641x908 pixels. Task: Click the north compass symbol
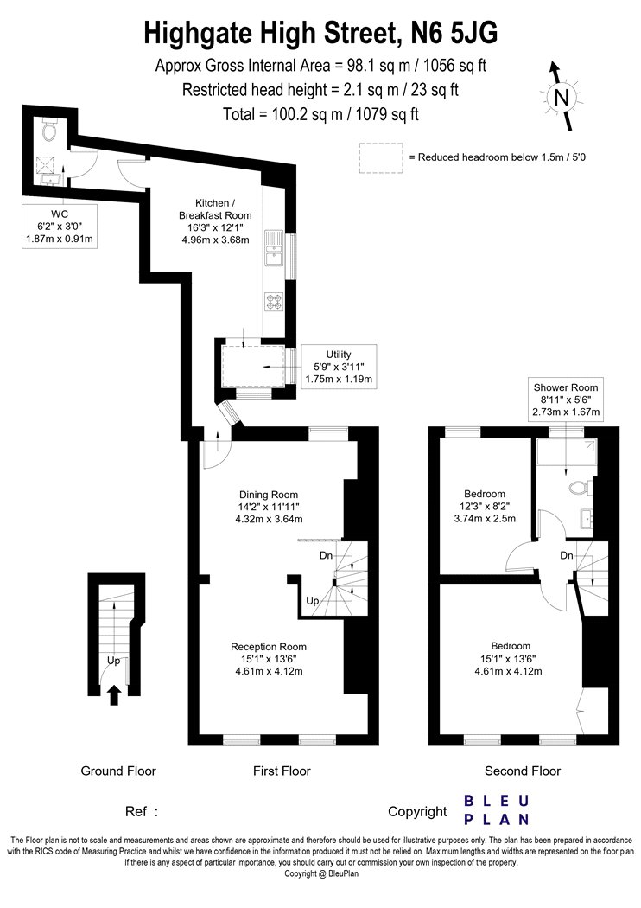[561, 96]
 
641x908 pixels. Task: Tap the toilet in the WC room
[49, 131]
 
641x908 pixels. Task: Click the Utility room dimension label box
[339, 367]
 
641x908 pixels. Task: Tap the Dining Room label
[269, 507]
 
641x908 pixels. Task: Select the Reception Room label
[269, 659]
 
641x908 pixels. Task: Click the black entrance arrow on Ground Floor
[114, 695]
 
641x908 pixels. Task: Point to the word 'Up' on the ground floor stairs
[113, 661]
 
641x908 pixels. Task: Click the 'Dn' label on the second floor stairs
[567, 555]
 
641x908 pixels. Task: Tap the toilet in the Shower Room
[579, 487]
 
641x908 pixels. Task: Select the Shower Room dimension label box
[566, 400]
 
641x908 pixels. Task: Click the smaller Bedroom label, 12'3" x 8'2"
[485, 506]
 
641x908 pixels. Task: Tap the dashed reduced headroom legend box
[381, 158]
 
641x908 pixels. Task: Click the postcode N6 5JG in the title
[454, 33]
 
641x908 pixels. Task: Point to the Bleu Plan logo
[497, 810]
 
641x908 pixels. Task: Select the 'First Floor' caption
[282, 771]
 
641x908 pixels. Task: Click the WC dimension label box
[60, 227]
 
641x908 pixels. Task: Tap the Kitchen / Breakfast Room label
[215, 221]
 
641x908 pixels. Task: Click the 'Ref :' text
[141, 812]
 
